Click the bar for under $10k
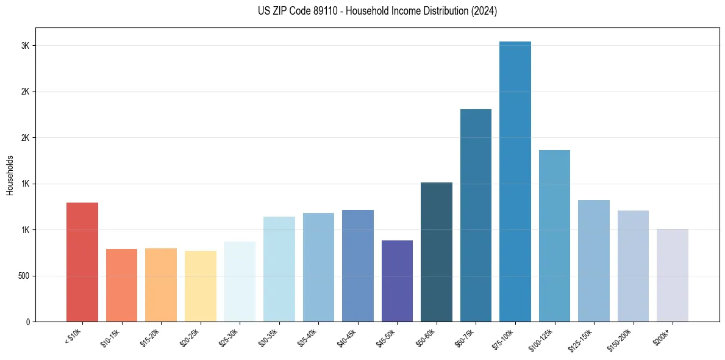coord(82,262)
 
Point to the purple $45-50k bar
coord(397,281)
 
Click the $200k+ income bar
coord(673,275)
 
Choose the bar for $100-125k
coord(554,236)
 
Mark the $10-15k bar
coord(122,285)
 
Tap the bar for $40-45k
coord(358,265)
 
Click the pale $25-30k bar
coord(240,281)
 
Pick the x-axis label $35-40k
coord(315,337)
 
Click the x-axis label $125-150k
coord(590,339)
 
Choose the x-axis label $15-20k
coord(157,337)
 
